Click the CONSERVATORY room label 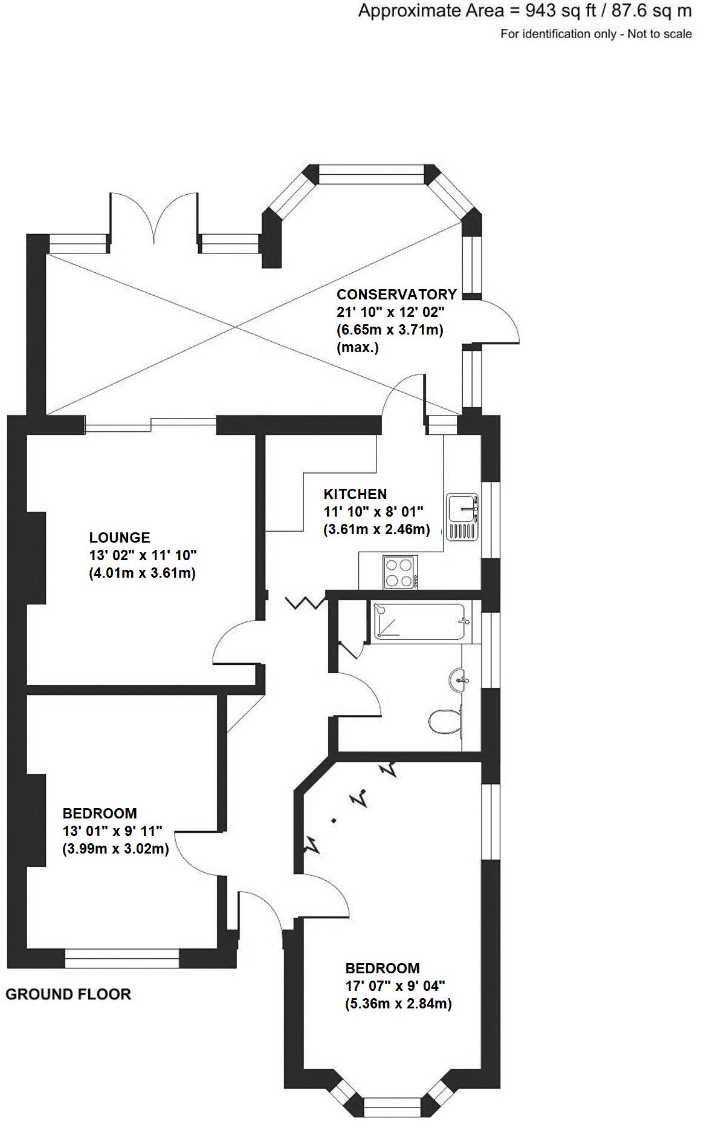pyautogui.click(x=396, y=295)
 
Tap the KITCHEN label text pyautogui.click(x=355, y=494)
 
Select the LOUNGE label pyautogui.click(x=120, y=537)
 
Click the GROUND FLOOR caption pyautogui.click(x=68, y=994)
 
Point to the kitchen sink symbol pyautogui.click(x=462, y=517)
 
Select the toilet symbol pyautogui.click(x=445, y=721)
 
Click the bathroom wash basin pyautogui.click(x=460, y=680)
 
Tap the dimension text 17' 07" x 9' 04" pyautogui.click(x=395, y=985)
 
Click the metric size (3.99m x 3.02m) pyautogui.click(x=115, y=849)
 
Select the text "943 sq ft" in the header pyautogui.click(x=555, y=11)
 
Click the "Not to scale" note pyautogui.click(x=659, y=34)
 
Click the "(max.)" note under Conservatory pyautogui.click(x=357, y=348)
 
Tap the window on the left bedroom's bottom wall pyautogui.click(x=122, y=958)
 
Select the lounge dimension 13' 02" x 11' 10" pyautogui.click(x=143, y=555)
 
